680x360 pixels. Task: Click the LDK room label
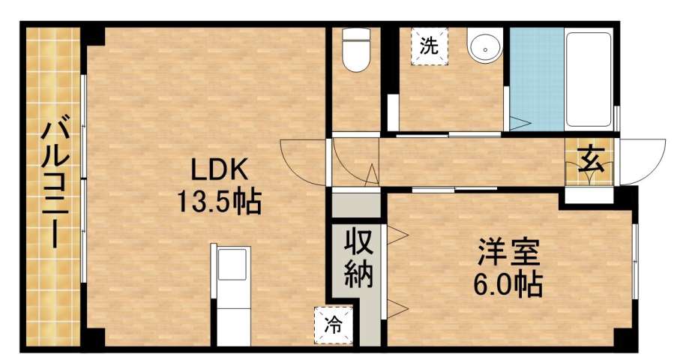[x=218, y=172]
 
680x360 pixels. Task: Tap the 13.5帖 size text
[x=218, y=201]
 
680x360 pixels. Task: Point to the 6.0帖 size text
[x=509, y=284]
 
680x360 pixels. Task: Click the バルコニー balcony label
[x=52, y=184]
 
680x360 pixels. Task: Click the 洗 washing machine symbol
[x=428, y=46]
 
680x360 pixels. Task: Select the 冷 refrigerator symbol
[x=331, y=325]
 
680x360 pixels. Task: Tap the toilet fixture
[x=355, y=51]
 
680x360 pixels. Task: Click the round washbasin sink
[x=485, y=47]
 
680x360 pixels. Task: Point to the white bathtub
[x=589, y=79]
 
